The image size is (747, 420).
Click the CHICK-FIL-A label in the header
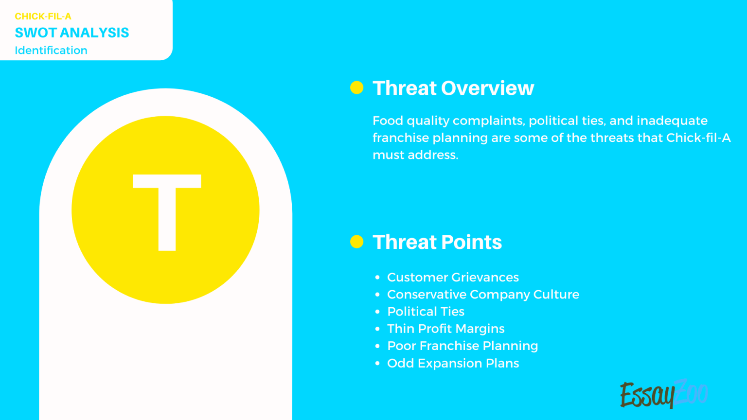point(43,17)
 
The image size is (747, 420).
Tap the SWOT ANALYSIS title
point(72,33)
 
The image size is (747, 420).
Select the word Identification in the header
point(51,51)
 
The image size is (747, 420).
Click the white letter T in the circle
point(167,212)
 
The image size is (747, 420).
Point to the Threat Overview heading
point(453,88)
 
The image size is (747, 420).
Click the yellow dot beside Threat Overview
point(357,88)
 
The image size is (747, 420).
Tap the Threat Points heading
point(437,242)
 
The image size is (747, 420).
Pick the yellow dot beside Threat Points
point(357,242)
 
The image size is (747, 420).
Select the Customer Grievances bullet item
point(453,278)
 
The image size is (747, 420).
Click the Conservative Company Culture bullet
point(483,295)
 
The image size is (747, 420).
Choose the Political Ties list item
point(426,312)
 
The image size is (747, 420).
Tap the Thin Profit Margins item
point(445,329)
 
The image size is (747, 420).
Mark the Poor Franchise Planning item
point(462,346)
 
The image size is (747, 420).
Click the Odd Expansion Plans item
point(453,364)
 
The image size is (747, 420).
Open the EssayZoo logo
point(663,394)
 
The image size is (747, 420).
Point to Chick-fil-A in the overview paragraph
point(698,138)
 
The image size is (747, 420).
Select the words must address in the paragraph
point(415,155)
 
